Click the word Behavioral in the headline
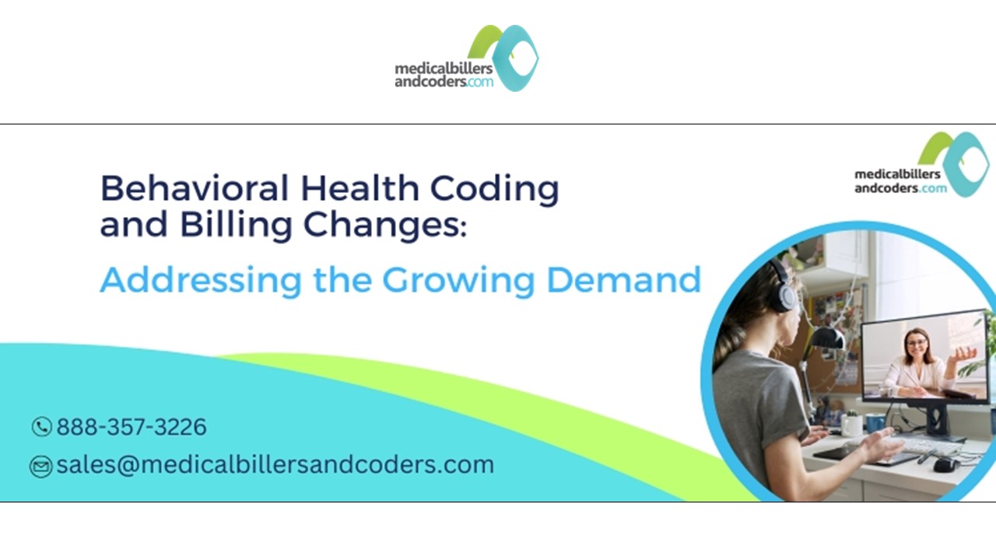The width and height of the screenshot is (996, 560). [x=195, y=189]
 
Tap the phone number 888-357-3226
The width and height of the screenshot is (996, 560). [x=132, y=427]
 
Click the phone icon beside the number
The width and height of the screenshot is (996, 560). [x=41, y=427]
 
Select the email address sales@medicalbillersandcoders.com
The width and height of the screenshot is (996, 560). [x=275, y=464]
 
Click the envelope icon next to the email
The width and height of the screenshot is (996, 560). [x=40, y=466]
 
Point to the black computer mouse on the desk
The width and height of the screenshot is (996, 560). [x=944, y=464]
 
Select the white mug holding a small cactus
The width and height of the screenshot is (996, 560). [x=852, y=425]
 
